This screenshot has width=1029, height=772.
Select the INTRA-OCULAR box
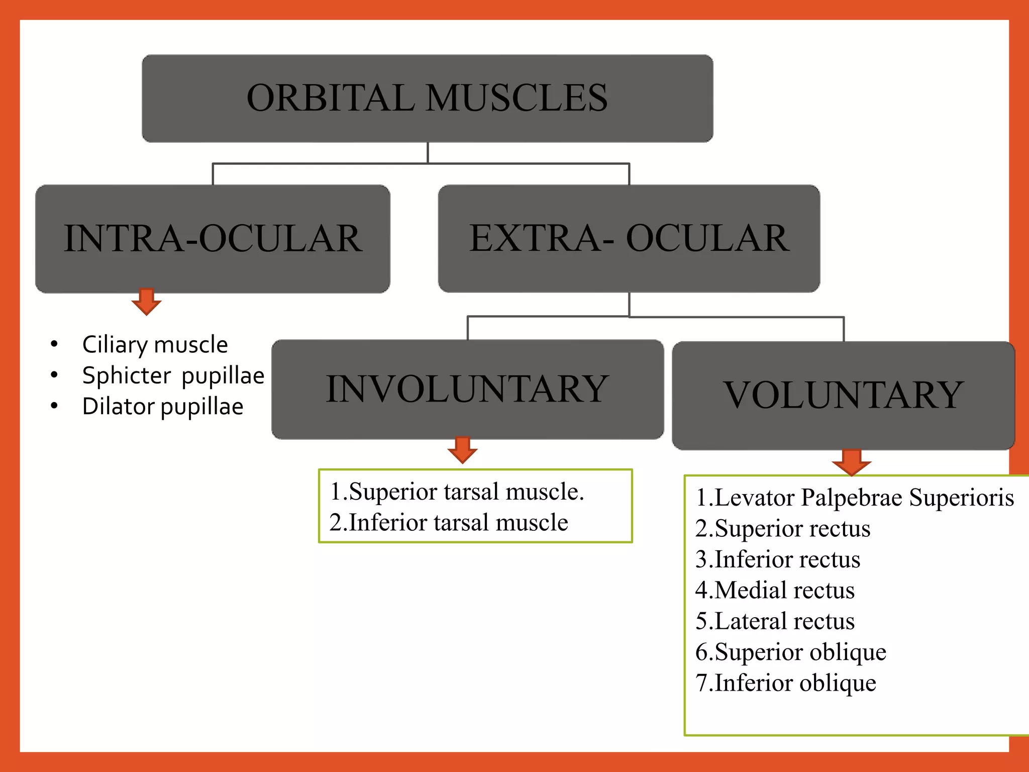[x=213, y=238]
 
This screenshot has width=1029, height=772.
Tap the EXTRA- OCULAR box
[x=629, y=238]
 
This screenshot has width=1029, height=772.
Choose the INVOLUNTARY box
[x=467, y=389]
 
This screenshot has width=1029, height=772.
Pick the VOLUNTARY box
[x=843, y=395]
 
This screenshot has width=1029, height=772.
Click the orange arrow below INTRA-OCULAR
[x=146, y=302]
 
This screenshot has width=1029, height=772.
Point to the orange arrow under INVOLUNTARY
[x=462, y=449]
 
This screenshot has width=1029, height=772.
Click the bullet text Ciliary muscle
[x=155, y=345]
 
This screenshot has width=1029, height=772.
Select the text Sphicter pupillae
[x=173, y=375]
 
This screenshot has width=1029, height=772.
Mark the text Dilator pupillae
[x=162, y=407]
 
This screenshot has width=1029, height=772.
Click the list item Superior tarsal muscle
[x=457, y=492]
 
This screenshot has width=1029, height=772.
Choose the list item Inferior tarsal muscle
[x=449, y=522]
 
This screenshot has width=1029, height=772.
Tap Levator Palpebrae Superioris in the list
[x=854, y=498]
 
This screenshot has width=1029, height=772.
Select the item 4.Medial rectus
[x=775, y=590]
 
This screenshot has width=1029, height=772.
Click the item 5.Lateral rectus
[x=775, y=621]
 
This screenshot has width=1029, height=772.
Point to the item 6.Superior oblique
[x=790, y=652]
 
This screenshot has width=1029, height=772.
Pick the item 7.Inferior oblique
[x=785, y=683]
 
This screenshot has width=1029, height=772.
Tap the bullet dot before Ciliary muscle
[x=54, y=344]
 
